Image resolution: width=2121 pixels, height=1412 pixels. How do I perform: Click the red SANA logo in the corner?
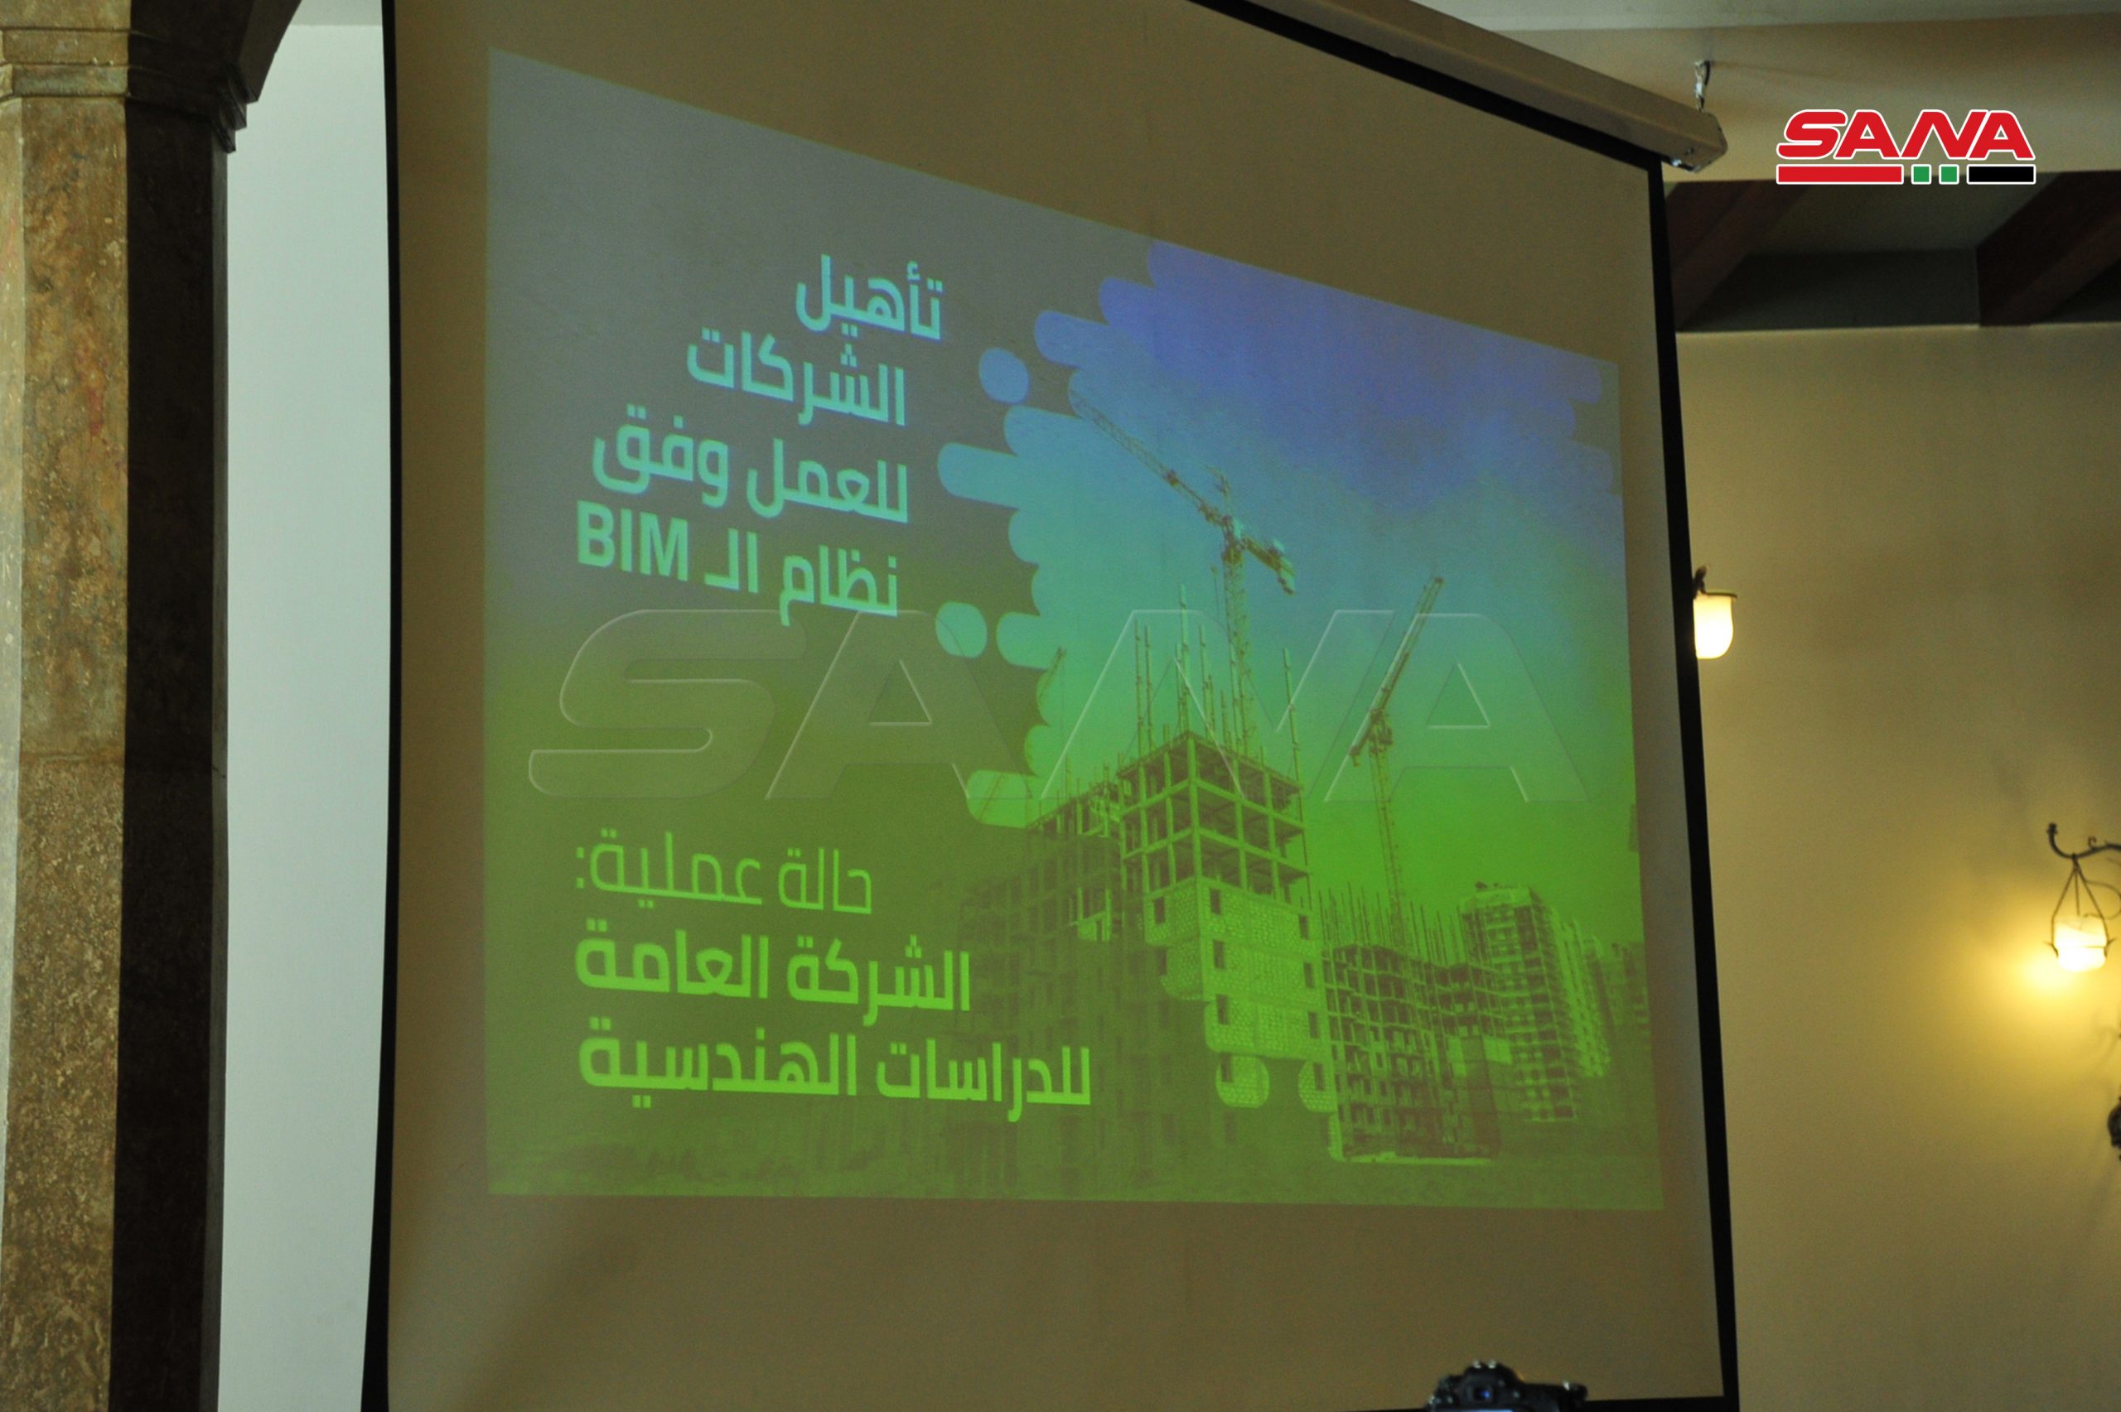(1905, 147)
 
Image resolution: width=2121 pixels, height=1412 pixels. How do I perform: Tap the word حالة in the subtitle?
(826, 883)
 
